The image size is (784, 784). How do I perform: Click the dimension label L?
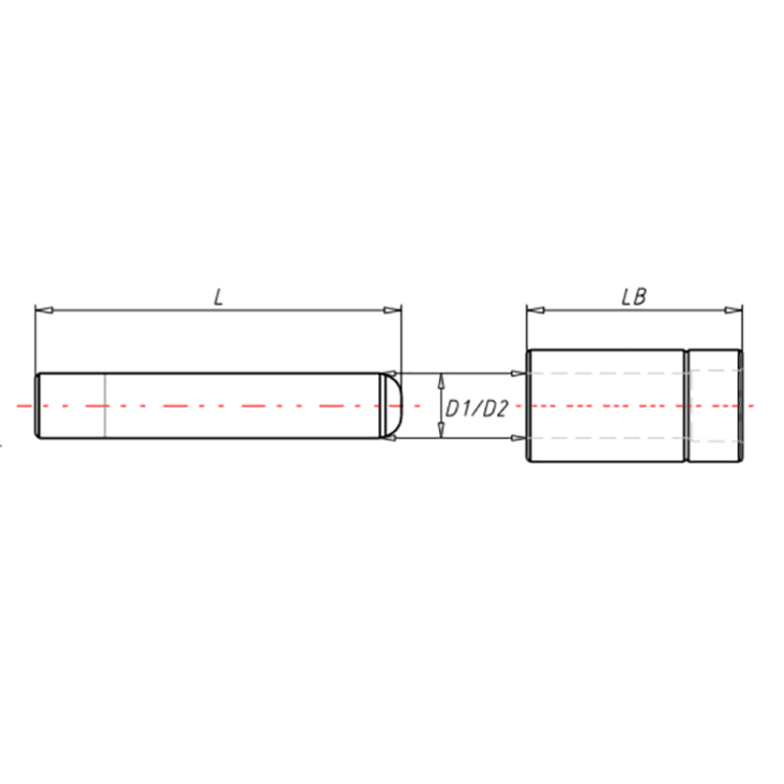(219, 296)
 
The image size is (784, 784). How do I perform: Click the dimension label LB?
(633, 296)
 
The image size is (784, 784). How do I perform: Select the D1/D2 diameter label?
(476, 408)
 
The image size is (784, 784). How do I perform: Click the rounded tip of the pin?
(395, 405)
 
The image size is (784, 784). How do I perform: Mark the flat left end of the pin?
(38, 405)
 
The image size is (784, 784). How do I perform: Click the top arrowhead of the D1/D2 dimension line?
(441, 378)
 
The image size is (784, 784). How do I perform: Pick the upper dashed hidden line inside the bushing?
(608, 372)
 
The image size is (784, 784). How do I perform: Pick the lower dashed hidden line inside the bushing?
(608, 437)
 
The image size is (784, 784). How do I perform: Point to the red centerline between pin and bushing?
(461, 405)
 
